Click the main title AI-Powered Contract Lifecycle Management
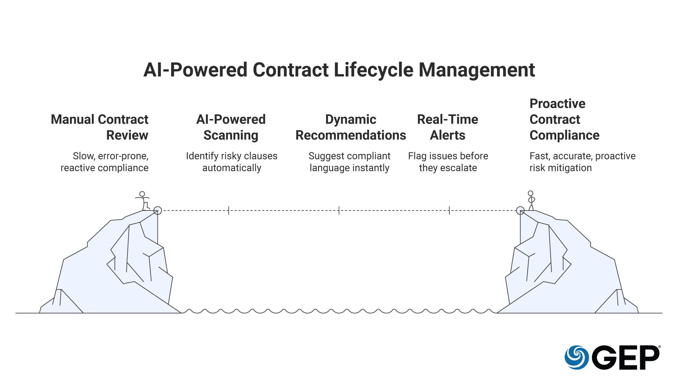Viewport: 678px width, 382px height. pyautogui.click(x=339, y=70)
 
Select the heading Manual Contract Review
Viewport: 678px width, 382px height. pyautogui.click(x=100, y=127)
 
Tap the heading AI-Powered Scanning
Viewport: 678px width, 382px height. pyautogui.click(x=231, y=127)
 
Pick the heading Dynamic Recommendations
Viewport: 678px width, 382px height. pyautogui.click(x=351, y=127)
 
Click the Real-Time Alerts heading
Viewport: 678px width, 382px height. pyautogui.click(x=447, y=127)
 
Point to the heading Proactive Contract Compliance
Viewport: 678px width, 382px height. pyautogui.click(x=564, y=119)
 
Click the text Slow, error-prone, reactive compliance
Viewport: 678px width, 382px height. pyautogui.click(x=105, y=162)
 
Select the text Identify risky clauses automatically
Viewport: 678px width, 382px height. pyautogui.click(x=231, y=162)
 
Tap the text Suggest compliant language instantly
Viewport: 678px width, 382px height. pyautogui.click(x=349, y=162)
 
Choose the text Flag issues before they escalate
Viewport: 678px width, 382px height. pyautogui.click(x=448, y=162)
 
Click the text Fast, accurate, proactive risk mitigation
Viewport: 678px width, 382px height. pyautogui.click(x=582, y=162)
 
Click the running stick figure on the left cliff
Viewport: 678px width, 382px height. pyautogui.click(x=143, y=201)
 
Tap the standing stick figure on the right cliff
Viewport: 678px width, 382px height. pyautogui.click(x=531, y=200)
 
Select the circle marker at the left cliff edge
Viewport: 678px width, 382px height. pyautogui.click(x=157, y=211)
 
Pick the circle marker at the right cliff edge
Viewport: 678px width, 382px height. pyautogui.click(x=520, y=211)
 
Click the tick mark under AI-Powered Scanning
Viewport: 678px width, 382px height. pyautogui.click(x=229, y=211)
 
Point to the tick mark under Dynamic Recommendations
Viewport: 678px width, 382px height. pyautogui.click(x=339, y=211)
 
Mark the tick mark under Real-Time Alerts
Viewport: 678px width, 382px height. pyautogui.click(x=449, y=211)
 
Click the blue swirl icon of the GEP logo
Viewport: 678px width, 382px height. pyautogui.click(x=577, y=357)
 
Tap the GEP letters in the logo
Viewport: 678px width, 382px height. pyautogui.click(x=626, y=357)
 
